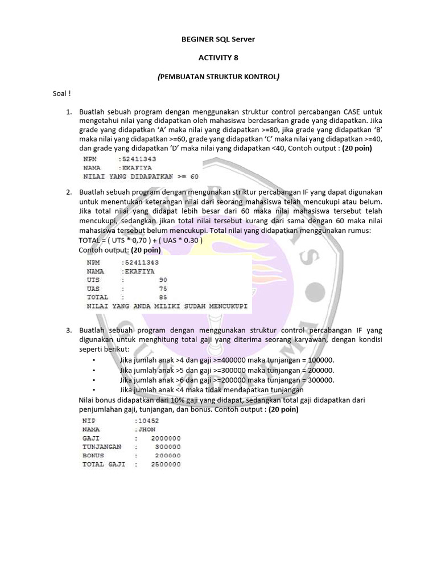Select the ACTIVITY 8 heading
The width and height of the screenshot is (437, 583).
218,58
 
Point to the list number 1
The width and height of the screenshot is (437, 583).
68,112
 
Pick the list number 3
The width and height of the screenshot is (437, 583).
68,330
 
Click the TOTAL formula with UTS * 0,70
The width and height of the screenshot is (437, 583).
140,240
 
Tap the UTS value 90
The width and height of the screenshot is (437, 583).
163,280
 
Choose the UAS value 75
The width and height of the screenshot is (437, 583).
163,289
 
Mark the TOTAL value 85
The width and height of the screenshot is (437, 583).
163,297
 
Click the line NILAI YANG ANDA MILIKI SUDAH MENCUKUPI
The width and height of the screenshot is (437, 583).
167,306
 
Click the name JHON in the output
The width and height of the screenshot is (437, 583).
146,430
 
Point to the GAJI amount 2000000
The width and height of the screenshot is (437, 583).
166,438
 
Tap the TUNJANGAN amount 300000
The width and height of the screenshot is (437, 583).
168,447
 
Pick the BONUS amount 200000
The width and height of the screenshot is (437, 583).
168,455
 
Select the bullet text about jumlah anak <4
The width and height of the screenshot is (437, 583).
212,390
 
